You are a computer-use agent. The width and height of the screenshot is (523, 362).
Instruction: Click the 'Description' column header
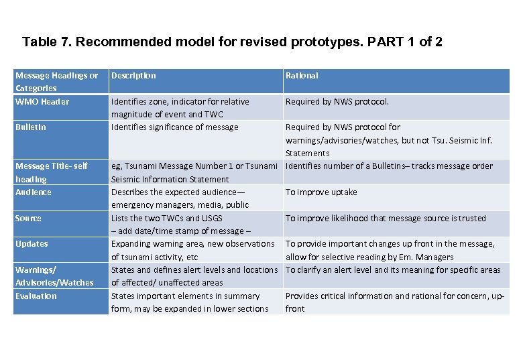(133, 76)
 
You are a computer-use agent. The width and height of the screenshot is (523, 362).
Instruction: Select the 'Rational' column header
(302, 76)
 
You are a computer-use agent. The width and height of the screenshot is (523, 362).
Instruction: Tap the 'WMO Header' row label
(42, 102)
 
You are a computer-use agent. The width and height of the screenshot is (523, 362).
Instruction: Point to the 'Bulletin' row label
(31, 127)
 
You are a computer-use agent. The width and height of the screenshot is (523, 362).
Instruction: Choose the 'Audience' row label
(34, 192)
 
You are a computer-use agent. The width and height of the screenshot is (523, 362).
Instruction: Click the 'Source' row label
(28, 219)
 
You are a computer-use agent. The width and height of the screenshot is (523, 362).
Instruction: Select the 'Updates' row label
(32, 244)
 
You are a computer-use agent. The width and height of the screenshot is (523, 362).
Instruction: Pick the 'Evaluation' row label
(36, 296)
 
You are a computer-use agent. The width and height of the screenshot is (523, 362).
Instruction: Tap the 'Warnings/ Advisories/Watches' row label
(54, 276)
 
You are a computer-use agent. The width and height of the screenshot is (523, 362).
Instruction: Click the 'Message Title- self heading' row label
(51, 172)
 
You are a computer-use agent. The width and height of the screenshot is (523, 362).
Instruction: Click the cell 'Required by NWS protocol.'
(337, 102)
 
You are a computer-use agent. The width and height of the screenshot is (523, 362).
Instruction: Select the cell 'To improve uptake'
(321, 192)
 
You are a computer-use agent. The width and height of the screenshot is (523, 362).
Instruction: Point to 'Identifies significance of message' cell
(174, 127)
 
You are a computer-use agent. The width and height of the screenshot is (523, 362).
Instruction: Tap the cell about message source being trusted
(386, 219)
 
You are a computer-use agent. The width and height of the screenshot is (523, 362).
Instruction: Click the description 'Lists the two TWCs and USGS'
(166, 219)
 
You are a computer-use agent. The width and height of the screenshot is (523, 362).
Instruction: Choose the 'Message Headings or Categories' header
(56, 82)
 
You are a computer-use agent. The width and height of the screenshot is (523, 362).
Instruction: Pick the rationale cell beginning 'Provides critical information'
(394, 302)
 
